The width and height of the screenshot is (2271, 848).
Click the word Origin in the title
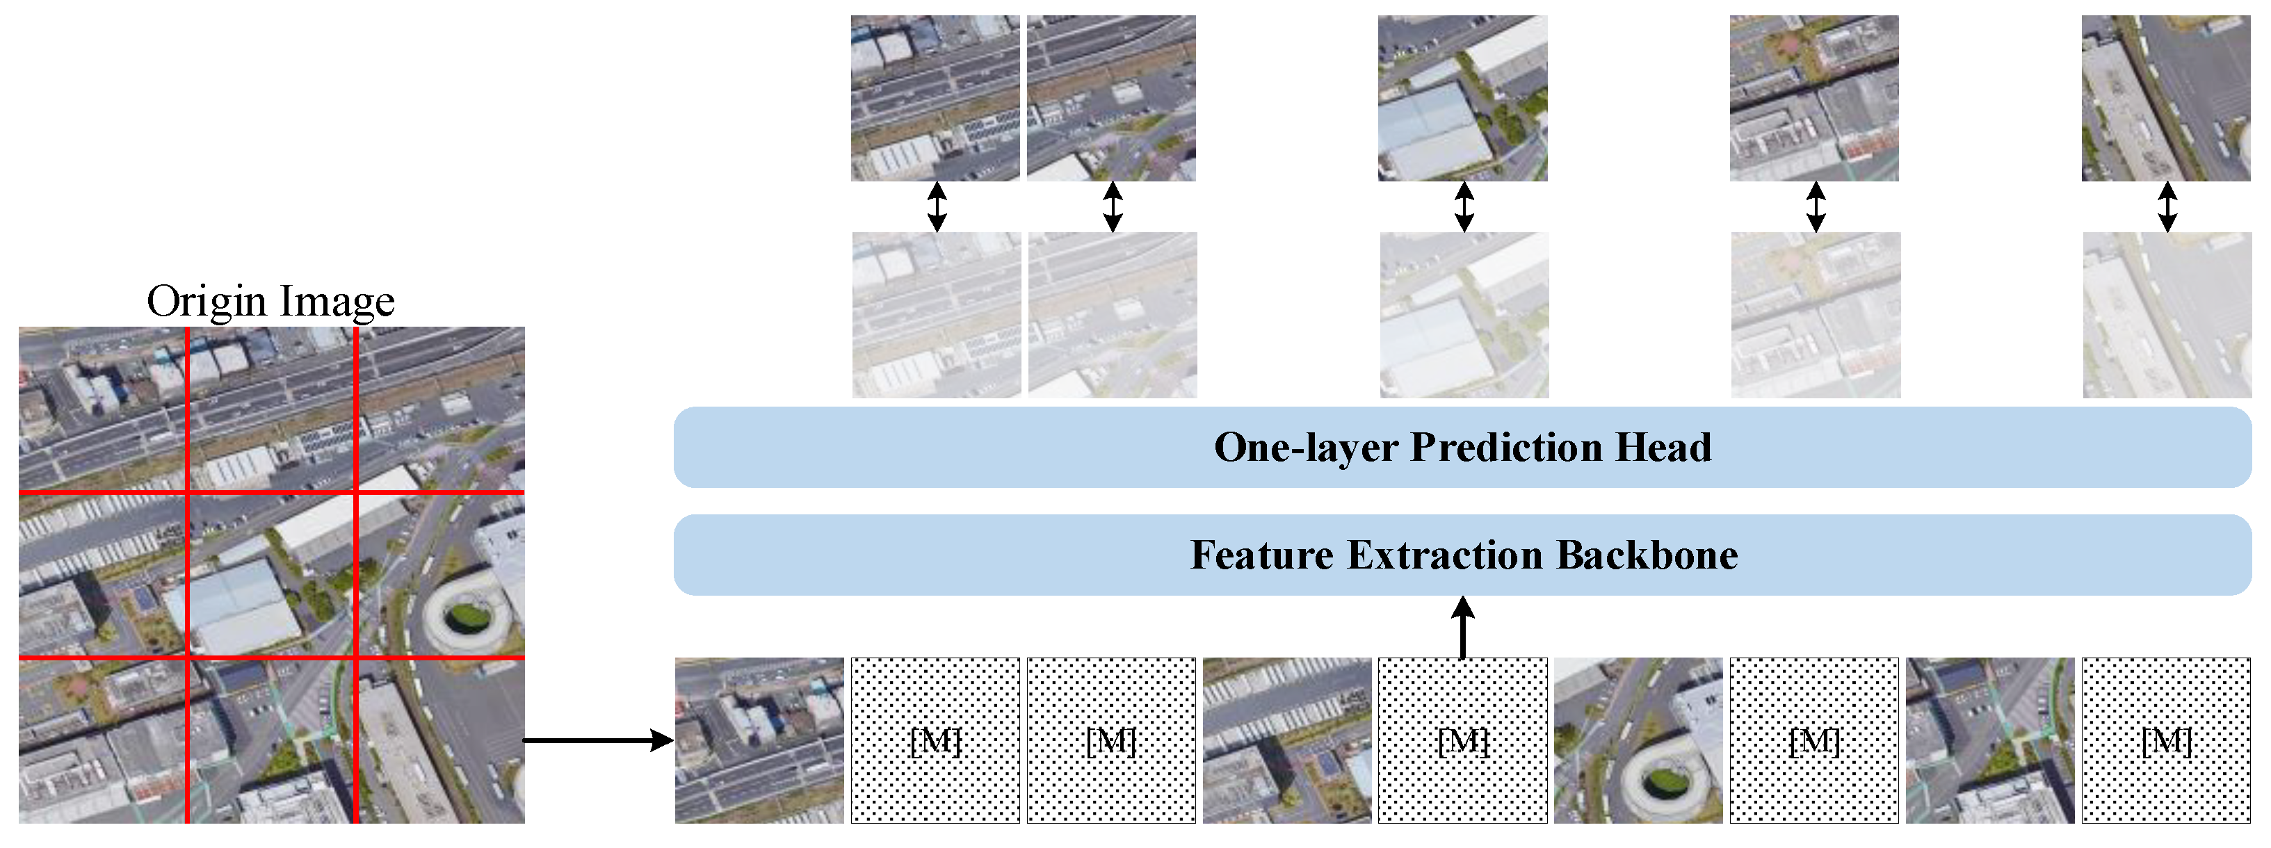tap(207, 303)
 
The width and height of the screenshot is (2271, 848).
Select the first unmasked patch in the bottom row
tap(759, 740)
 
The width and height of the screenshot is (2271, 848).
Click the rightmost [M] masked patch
tap(2166, 740)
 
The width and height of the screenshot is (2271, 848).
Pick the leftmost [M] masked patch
tap(935, 740)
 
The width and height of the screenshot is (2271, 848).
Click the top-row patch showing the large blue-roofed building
tap(1462, 98)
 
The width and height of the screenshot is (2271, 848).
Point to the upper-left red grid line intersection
tap(187, 492)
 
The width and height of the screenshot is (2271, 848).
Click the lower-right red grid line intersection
tap(356, 658)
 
